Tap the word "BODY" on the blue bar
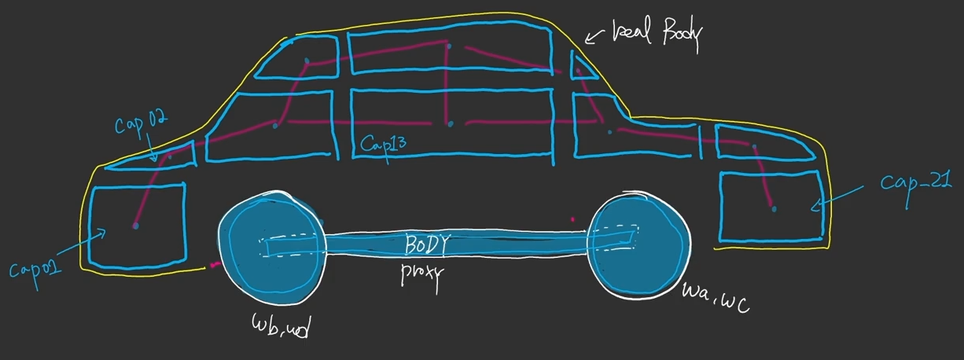[425, 245]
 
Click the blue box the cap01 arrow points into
[138, 225]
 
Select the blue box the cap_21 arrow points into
[771, 206]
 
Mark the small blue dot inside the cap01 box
[135, 226]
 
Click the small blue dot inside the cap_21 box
[775, 208]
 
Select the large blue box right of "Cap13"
[451, 124]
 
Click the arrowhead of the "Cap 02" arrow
[156, 160]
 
